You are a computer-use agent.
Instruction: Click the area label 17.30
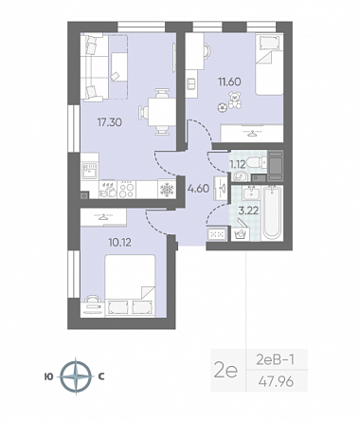110,122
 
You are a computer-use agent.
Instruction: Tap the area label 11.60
229,82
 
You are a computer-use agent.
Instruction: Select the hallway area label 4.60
198,189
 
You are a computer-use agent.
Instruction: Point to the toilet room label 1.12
238,164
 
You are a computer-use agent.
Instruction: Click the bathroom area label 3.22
248,211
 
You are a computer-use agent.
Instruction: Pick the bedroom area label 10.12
119,243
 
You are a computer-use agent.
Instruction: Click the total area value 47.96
276,382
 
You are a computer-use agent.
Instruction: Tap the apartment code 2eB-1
275,359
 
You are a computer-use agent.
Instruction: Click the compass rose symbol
76,376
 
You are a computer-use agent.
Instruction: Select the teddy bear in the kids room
235,101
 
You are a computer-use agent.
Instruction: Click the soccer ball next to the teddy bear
222,107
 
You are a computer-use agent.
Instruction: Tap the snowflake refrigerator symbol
166,190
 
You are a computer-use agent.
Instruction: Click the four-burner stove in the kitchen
126,190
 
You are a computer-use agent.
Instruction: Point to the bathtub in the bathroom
272,212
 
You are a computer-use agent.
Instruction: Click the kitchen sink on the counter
89,171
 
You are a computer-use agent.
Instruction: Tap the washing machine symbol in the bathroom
241,234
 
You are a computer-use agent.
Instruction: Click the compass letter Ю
48,376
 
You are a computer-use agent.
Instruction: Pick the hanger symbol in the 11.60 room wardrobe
251,134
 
